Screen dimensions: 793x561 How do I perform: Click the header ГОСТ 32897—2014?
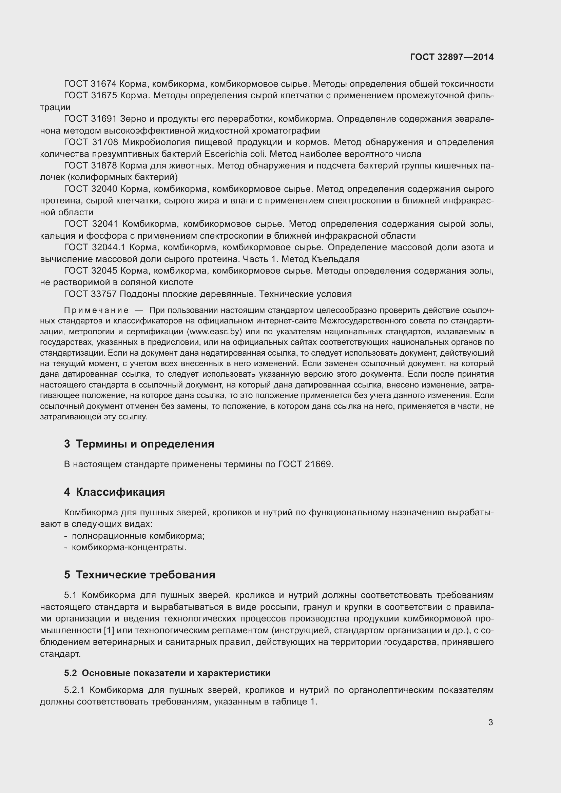tap(451, 57)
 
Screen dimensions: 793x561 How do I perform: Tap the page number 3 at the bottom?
tap(490, 722)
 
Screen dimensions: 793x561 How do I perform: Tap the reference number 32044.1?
tap(109, 247)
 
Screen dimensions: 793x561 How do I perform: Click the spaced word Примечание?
tap(96, 311)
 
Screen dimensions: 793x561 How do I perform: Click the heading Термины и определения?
tap(145, 444)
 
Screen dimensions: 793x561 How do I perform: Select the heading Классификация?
tap(120, 492)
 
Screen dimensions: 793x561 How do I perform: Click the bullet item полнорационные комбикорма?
tap(138, 536)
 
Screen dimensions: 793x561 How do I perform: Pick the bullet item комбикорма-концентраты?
tap(129, 548)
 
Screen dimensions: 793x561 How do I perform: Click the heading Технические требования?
tap(145, 575)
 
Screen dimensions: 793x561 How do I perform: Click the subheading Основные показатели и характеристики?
tap(176, 673)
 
